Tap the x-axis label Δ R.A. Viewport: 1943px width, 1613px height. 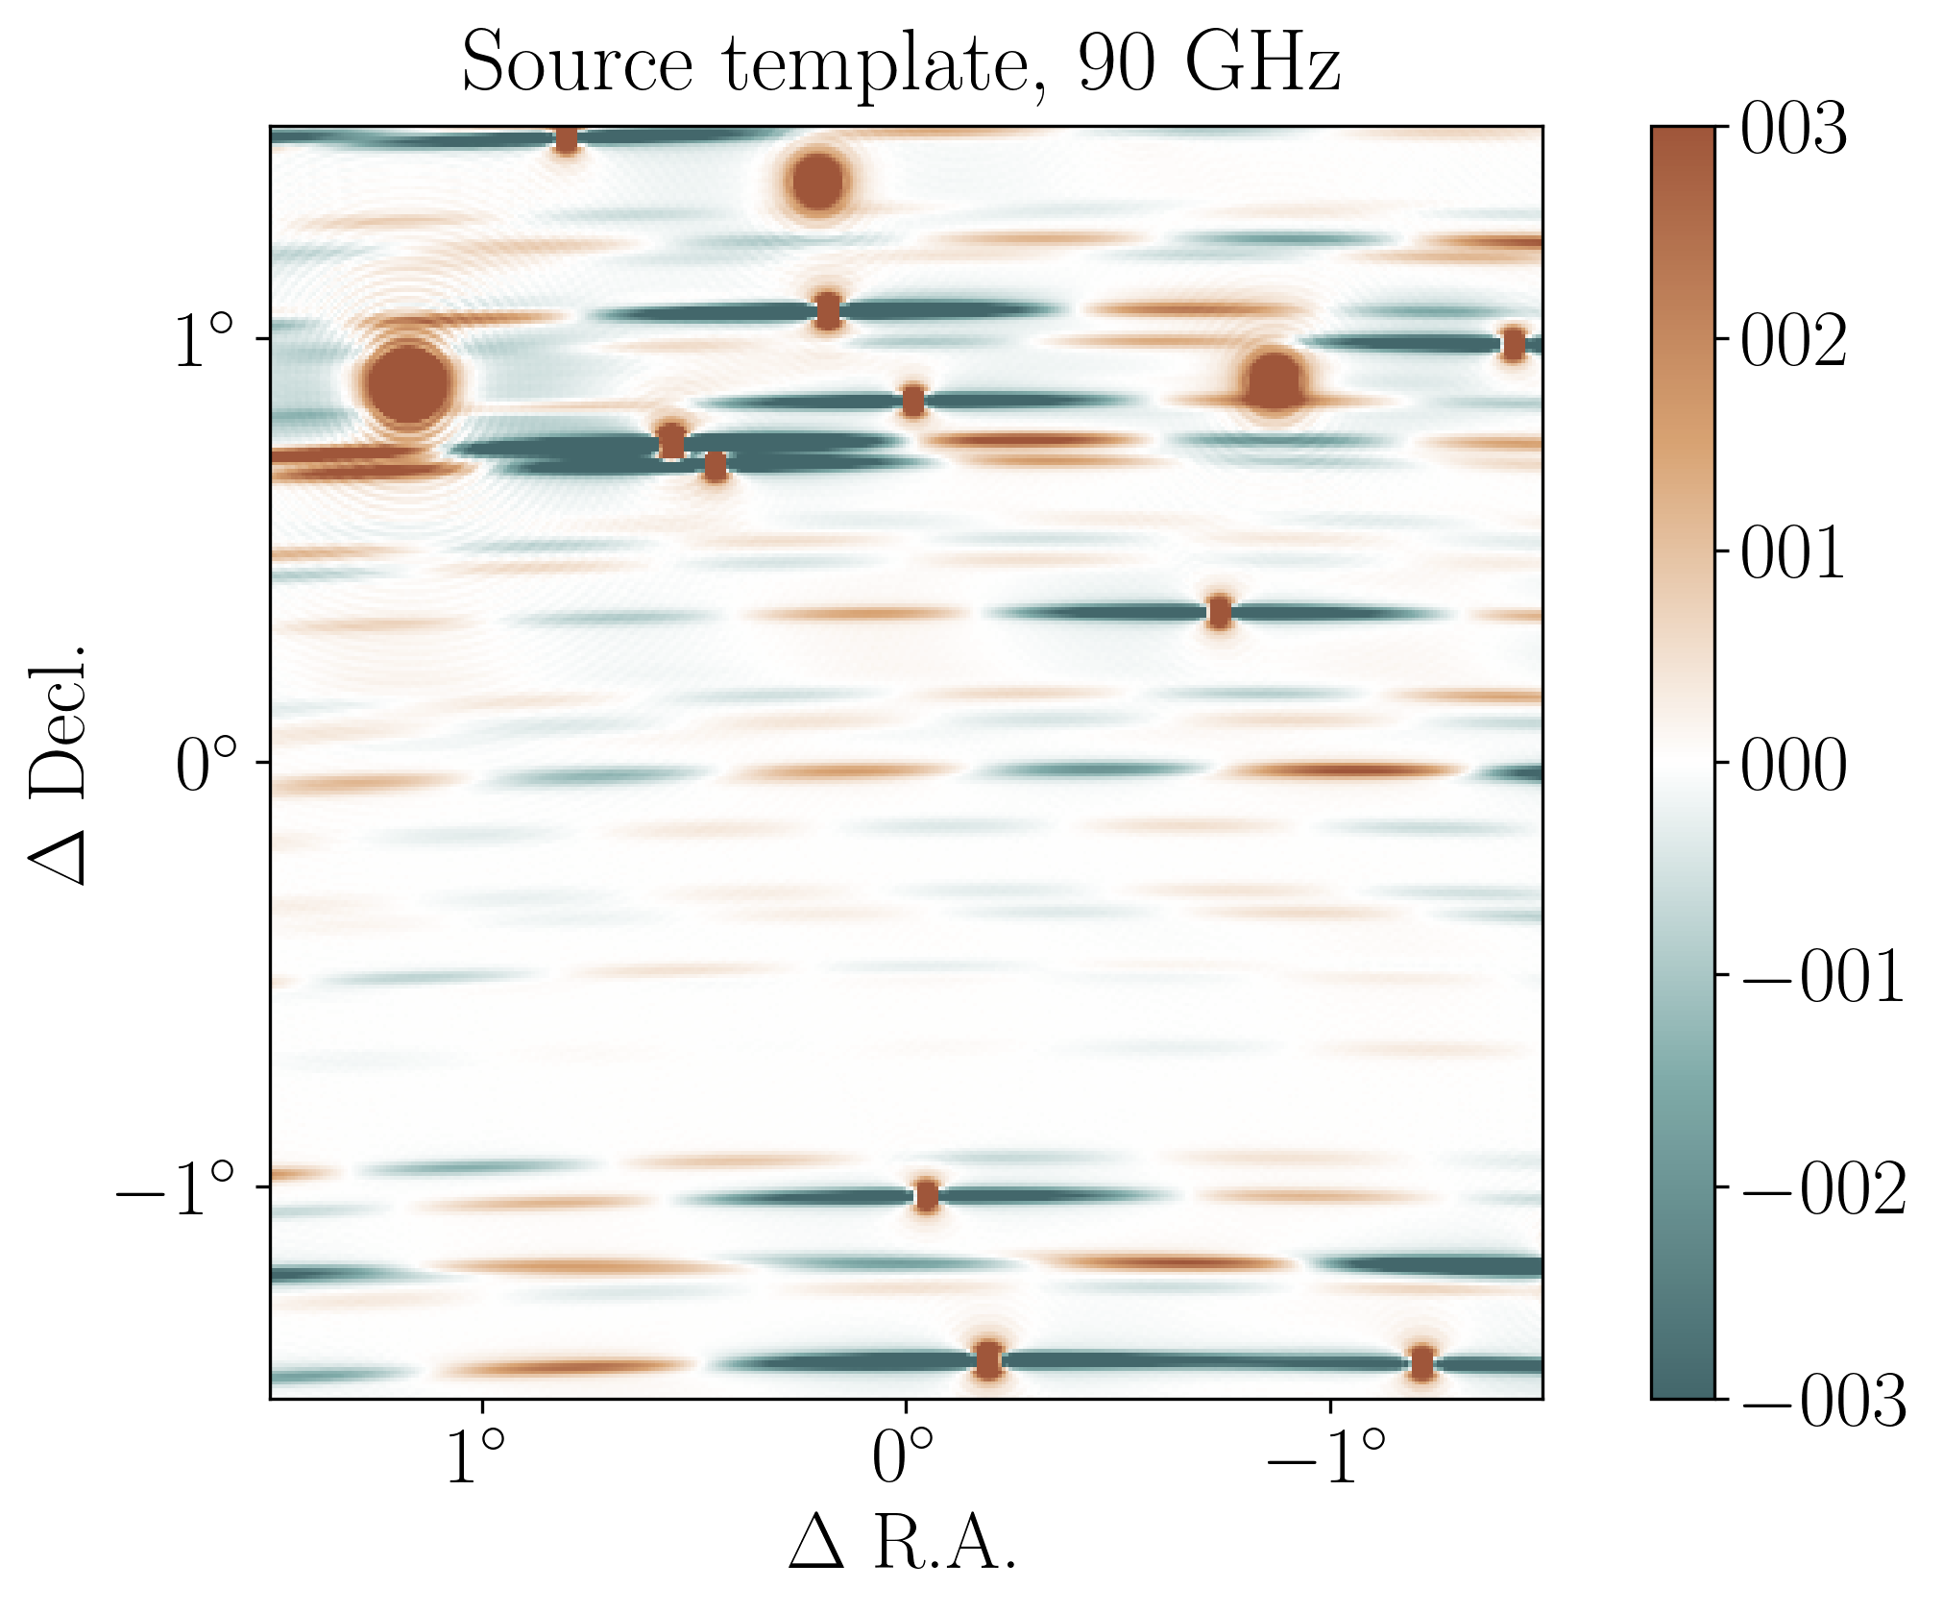903,1543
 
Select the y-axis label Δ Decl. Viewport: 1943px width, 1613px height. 60,764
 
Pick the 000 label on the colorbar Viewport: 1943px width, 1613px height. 1793,767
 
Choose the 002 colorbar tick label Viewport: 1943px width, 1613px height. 1793,342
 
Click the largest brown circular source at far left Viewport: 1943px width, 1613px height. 408,382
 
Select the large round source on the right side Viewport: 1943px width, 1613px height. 1275,381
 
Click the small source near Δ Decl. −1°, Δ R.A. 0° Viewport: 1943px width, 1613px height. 926,1196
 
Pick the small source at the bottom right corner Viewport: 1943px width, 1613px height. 1421,1362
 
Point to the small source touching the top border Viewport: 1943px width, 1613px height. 567,140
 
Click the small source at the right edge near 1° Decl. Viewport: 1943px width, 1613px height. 1513,344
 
